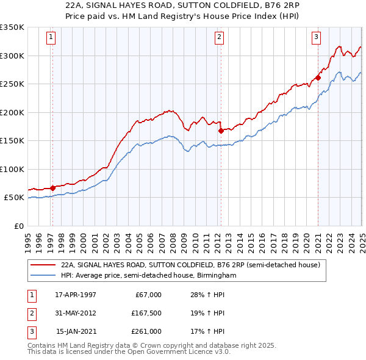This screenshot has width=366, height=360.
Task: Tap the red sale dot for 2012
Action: click(221, 130)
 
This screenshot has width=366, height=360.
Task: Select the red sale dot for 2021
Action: click(318, 77)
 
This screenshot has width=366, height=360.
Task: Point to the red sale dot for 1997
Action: click(52, 187)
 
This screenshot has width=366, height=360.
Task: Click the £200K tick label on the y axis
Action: click(12, 112)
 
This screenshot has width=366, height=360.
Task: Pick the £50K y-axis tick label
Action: click(13, 198)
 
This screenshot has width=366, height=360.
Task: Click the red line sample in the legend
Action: click(44, 265)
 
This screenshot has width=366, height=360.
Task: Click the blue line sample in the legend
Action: click(44, 275)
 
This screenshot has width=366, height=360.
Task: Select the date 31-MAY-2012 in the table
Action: click(76, 313)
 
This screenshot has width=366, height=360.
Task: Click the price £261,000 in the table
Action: click(146, 331)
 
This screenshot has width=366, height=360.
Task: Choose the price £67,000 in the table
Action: click(146, 295)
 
